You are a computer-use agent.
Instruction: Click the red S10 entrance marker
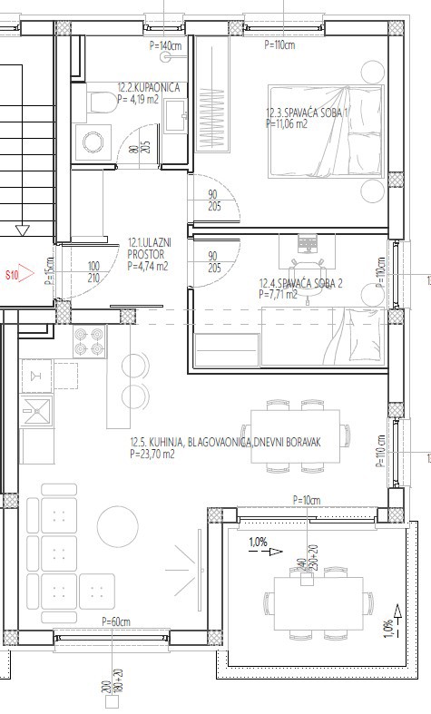click(19, 272)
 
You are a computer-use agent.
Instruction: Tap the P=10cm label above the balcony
click(308, 500)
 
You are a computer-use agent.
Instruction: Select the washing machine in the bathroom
click(93, 142)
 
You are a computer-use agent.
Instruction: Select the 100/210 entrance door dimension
click(93, 272)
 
